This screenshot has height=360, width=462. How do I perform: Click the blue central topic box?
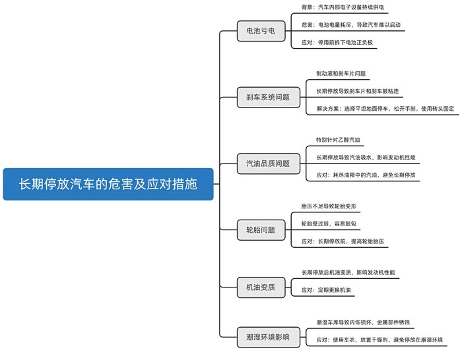click(108, 184)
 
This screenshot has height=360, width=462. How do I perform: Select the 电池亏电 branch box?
click(260, 30)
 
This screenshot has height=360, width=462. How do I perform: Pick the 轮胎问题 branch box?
click(260, 229)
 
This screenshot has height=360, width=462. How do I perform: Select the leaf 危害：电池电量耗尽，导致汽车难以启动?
click(350, 25)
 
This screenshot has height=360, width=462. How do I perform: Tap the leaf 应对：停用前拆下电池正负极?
click(337, 43)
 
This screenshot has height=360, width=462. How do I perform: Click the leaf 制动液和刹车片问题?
click(341, 74)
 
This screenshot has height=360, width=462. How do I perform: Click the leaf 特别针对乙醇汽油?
click(338, 140)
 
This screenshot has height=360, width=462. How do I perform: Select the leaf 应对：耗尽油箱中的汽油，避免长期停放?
click(366, 175)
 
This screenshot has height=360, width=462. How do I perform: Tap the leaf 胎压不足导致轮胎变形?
click(329, 206)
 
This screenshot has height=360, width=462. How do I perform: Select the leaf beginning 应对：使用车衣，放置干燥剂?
click(379, 340)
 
